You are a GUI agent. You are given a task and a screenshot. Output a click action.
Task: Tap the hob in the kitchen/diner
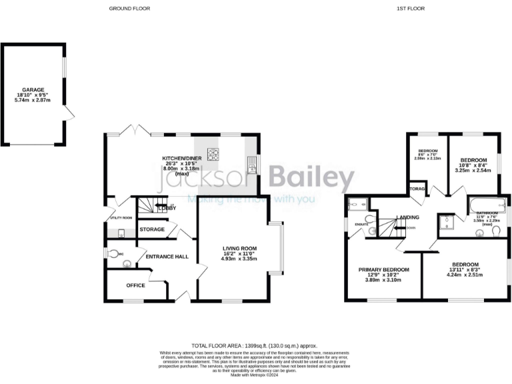point(213,155)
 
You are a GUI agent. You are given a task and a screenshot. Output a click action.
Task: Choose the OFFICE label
point(135,285)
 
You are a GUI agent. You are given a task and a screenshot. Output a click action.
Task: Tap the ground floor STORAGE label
point(152,229)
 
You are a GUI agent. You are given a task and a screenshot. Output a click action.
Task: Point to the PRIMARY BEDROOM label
point(383,269)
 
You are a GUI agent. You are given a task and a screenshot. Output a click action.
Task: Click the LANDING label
point(407,218)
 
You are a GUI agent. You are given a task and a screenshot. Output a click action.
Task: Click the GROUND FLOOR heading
point(129,9)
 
